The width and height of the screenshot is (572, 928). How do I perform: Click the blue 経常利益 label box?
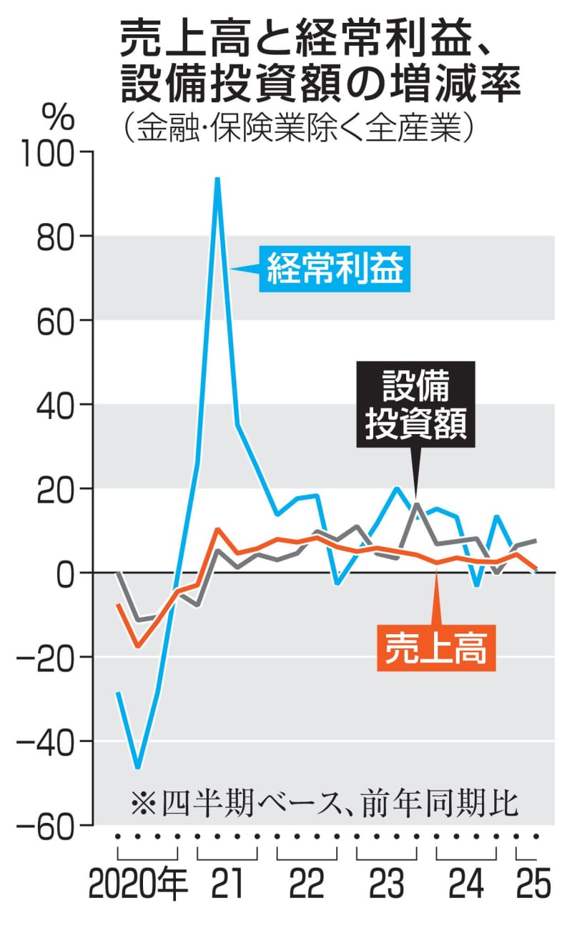(335, 270)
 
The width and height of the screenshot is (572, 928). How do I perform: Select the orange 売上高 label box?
(436, 649)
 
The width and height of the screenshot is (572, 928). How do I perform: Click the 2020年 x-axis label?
(139, 885)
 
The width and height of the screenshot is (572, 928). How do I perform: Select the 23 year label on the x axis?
(386, 885)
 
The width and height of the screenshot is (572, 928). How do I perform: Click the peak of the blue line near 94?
(217, 179)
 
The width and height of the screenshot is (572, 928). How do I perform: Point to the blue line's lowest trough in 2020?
(137, 767)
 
